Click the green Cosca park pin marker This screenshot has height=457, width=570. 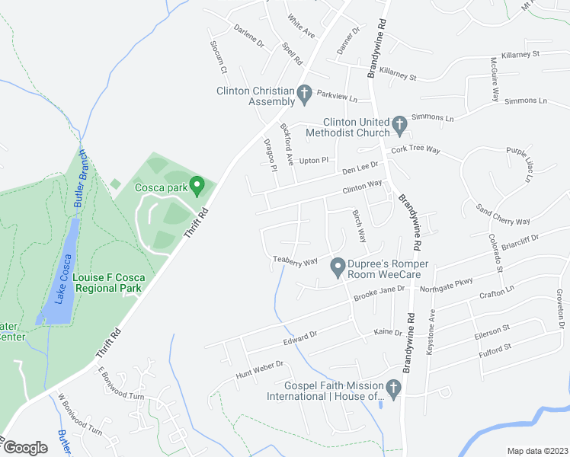tap(197, 184)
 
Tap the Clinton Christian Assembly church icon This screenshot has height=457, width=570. tap(304, 94)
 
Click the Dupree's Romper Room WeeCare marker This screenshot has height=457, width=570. tap(337, 267)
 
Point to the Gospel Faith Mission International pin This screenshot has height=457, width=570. tap(393, 390)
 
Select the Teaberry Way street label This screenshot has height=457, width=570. tap(295, 261)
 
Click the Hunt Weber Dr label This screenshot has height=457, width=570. tap(259, 369)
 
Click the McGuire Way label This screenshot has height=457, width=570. tap(495, 80)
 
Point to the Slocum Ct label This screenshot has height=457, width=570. tap(219, 58)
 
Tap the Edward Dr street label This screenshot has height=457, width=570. tap(300, 334)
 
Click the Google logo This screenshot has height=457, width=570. tap(24, 447)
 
